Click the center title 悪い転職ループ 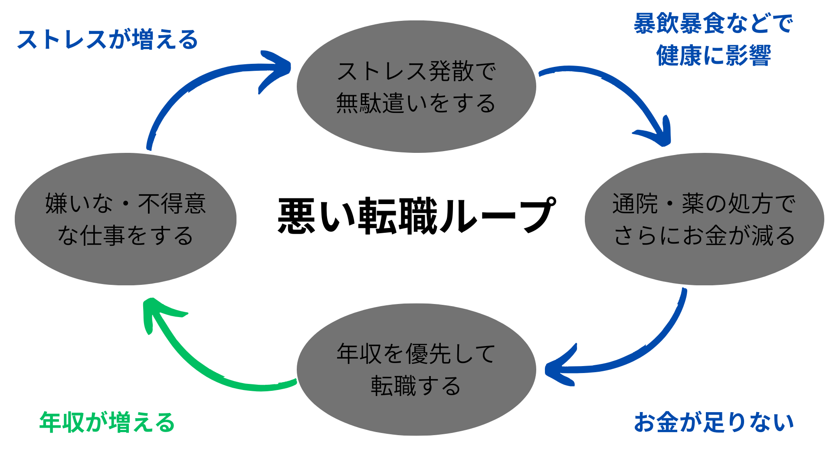[416, 216]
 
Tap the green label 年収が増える [107, 423]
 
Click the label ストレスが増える [107, 40]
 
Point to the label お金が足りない [714, 423]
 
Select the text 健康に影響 [714, 56]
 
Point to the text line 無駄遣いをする [416, 103]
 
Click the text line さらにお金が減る [704, 236]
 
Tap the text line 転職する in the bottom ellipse [416, 386]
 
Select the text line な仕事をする [125, 236]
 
